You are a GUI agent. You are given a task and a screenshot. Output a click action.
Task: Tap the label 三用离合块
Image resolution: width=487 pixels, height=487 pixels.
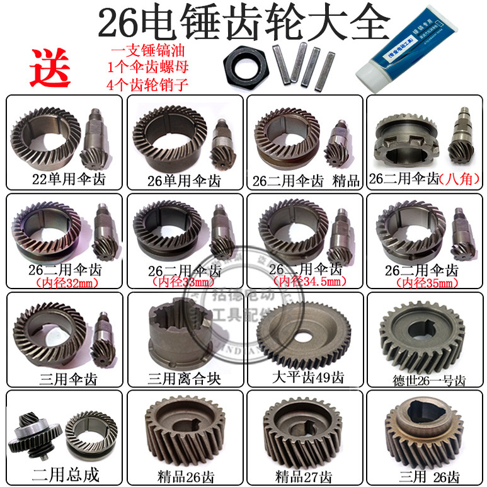pyautogui.click(x=183, y=379)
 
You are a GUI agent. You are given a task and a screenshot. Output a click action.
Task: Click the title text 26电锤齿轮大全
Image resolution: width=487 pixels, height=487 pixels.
pyautogui.click(x=243, y=24)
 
